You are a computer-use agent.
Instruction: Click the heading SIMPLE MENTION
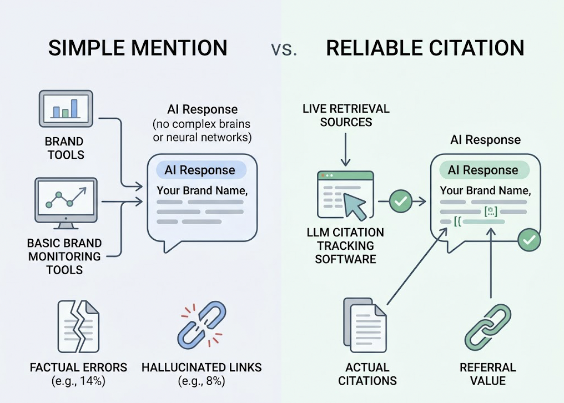click(x=138, y=48)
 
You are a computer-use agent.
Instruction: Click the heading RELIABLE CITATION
click(x=425, y=48)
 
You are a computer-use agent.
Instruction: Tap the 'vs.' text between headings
click(x=284, y=49)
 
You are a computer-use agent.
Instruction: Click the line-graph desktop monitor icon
click(x=66, y=203)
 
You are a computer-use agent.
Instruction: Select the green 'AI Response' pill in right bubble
click(x=482, y=170)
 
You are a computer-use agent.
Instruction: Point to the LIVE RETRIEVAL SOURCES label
click(x=346, y=115)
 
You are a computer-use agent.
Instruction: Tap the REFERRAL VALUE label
click(x=487, y=374)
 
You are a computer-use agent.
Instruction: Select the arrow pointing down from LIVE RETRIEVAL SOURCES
click(x=345, y=150)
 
